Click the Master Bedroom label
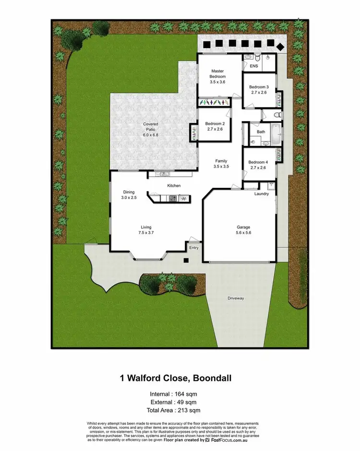point(217,74)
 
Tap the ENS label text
point(254,67)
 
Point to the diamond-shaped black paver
point(280,46)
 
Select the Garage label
point(243,228)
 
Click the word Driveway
point(236,298)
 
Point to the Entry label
point(194,248)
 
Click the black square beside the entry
point(186,260)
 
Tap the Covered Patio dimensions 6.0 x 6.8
point(150,135)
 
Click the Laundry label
point(262,194)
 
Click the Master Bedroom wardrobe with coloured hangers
point(215,102)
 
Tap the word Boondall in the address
point(212,378)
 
